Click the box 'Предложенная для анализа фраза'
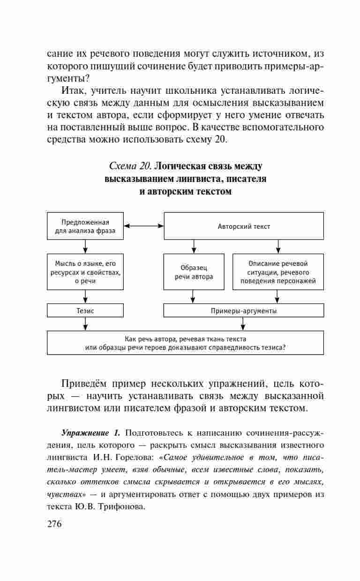pos(85,226)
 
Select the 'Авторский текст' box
pos(243,226)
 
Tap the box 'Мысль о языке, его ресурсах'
pos(85,272)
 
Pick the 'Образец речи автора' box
pos(194,272)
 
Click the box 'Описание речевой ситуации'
pos(278,272)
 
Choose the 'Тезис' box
pos(85,310)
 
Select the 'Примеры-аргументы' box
pos(243,310)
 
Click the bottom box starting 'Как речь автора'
pos(185,343)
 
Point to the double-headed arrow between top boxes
pos(143,226)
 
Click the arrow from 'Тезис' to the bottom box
pos(85,324)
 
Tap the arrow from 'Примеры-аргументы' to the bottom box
pos(242,324)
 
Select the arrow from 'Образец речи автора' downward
pos(194,296)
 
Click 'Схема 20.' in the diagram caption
pos(130,166)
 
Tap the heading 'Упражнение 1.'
pos(91,431)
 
